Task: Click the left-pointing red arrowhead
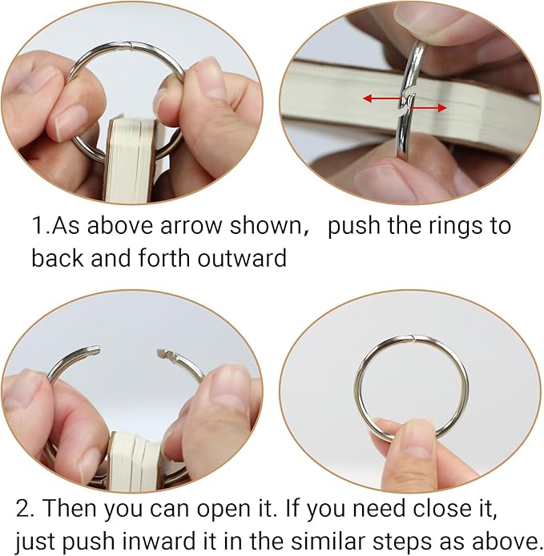[368, 99]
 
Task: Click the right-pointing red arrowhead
[442, 108]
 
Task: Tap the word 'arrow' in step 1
[195, 225]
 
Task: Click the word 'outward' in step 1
[242, 258]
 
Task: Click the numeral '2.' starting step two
[25, 509]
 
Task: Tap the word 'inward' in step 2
[157, 541]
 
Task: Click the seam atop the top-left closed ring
[131, 45]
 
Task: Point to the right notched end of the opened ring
[163, 353]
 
